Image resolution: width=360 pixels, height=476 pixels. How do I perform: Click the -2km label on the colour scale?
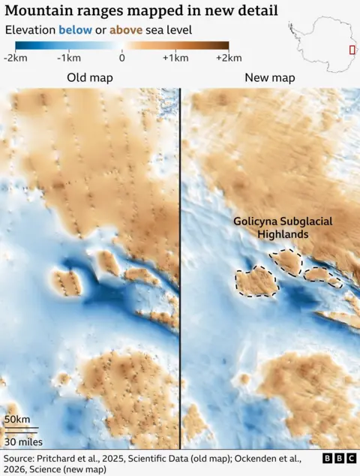click(16, 58)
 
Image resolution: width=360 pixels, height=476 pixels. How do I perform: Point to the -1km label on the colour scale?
click(70, 58)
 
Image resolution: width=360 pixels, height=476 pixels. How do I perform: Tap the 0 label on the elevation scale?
click(121, 58)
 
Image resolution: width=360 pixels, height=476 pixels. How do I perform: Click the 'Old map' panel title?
click(87, 78)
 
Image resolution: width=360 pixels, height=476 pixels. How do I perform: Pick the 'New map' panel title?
click(270, 78)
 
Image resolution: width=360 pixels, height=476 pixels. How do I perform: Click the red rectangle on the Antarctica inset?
click(352, 50)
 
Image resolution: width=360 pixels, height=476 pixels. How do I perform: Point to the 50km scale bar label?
click(17, 419)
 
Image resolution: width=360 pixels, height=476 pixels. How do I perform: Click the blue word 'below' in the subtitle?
click(73, 30)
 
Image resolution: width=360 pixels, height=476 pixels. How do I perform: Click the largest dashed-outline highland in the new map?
click(256, 281)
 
